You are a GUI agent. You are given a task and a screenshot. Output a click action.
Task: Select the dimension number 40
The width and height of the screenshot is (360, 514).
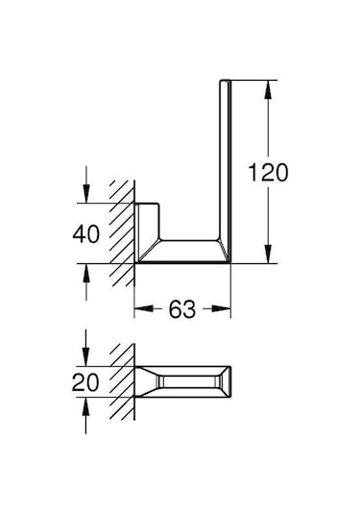[x=87, y=233]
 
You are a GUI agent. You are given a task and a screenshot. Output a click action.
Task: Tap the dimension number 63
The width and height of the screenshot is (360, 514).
[x=184, y=309]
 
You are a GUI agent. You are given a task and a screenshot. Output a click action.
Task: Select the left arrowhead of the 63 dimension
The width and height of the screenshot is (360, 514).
[x=140, y=309]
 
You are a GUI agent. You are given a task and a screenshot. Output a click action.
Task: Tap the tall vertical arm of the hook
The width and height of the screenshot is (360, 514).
[x=227, y=163]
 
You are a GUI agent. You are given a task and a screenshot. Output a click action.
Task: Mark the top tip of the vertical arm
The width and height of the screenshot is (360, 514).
[x=227, y=78]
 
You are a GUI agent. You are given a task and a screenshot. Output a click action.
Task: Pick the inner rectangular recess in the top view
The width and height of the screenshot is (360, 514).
[x=187, y=382]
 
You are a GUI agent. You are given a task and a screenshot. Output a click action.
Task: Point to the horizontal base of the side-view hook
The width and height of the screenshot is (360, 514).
[x=187, y=253]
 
